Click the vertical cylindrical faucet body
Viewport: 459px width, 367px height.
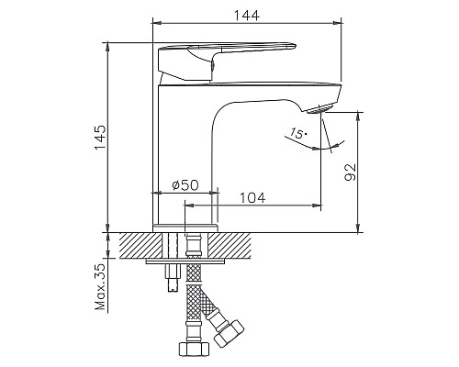click(x=184, y=147)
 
